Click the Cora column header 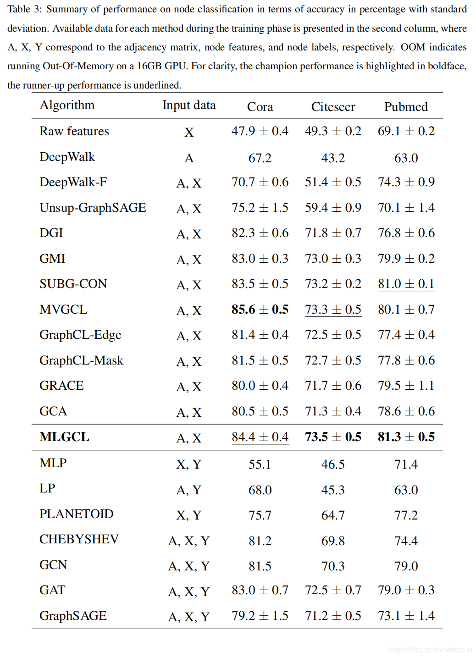point(260,107)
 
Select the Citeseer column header point(333,107)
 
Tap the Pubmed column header point(406,107)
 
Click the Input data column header point(189,105)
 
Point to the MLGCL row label point(64,437)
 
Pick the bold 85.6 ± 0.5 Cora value point(260,310)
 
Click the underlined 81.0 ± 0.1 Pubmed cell point(406,284)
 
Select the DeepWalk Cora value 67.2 point(260,158)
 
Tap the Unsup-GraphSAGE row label point(93,208)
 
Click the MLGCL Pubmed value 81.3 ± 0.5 point(406,437)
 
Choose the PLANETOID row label point(76,514)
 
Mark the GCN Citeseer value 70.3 point(333,566)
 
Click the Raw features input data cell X point(189,133)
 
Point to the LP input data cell point(189,490)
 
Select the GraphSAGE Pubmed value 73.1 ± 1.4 point(406,616)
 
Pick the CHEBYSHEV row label point(79,539)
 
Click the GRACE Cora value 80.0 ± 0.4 point(260,386)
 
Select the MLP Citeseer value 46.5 point(333,464)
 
